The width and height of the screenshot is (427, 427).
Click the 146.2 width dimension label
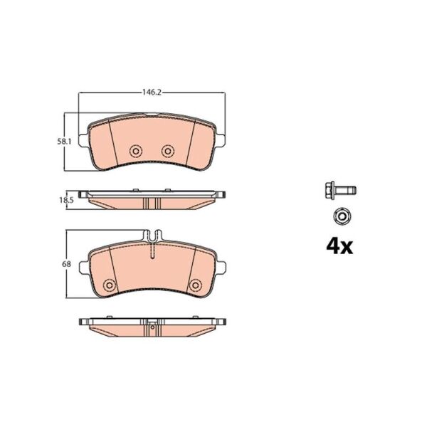pyautogui.click(x=152, y=93)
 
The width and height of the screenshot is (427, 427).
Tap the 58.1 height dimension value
pyautogui.click(x=64, y=142)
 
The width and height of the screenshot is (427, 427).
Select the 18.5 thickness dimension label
pyautogui.click(x=67, y=201)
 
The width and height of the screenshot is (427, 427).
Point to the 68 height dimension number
pyautogui.click(x=66, y=264)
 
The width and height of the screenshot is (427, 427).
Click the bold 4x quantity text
pyautogui.click(x=339, y=246)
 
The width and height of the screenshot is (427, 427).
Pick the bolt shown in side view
pyautogui.click(x=340, y=189)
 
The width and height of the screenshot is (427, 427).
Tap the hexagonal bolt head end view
pyautogui.click(x=342, y=216)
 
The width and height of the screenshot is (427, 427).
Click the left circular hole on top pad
pyautogui.click(x=136, y=151)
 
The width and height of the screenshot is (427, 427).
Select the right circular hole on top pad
pyautogui.click(x=168, y=151)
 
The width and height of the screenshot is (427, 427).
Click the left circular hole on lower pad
pyautogui.click(x=110, y=285)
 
